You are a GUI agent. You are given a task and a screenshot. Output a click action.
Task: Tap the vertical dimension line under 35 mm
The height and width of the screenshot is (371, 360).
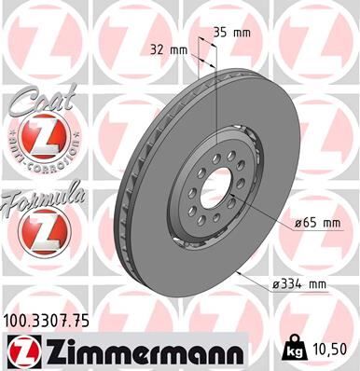tap(215, 103)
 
